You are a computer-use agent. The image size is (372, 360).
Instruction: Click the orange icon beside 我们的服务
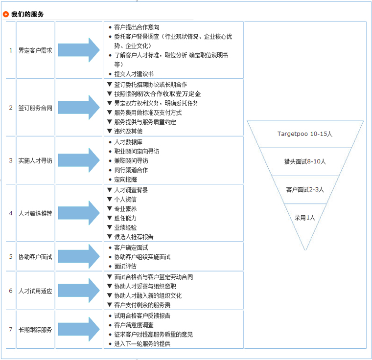[x=6, y=14]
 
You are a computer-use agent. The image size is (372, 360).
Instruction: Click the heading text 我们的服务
[x=27, y=14]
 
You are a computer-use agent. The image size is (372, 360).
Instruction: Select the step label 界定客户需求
[x=35, y=50]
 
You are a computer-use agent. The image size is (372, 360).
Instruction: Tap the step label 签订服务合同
[x=35, y=108]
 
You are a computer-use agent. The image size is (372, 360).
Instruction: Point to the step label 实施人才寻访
[x=35, y=160]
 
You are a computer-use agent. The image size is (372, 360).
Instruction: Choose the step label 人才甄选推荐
[x=35, y=213]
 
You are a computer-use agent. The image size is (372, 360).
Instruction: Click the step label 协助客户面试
[x=35, y=256]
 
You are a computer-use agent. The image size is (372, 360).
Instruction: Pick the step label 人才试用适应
[x=35, y=291]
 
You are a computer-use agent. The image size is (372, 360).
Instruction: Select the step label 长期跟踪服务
[x=35, y=329]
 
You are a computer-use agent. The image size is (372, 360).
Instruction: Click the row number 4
[x=11, y=213]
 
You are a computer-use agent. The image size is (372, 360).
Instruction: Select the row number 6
[x=11, y=291]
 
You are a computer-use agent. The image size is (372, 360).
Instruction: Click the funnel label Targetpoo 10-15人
[x=304, y=134]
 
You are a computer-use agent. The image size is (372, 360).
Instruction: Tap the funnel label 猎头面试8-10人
[x=304, y=161]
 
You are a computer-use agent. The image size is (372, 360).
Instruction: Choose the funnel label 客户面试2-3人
[x=304, y=189]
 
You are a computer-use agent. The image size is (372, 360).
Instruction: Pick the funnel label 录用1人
[x=304, y=217]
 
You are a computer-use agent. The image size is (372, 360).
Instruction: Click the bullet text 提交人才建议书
[x=134, y=74]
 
